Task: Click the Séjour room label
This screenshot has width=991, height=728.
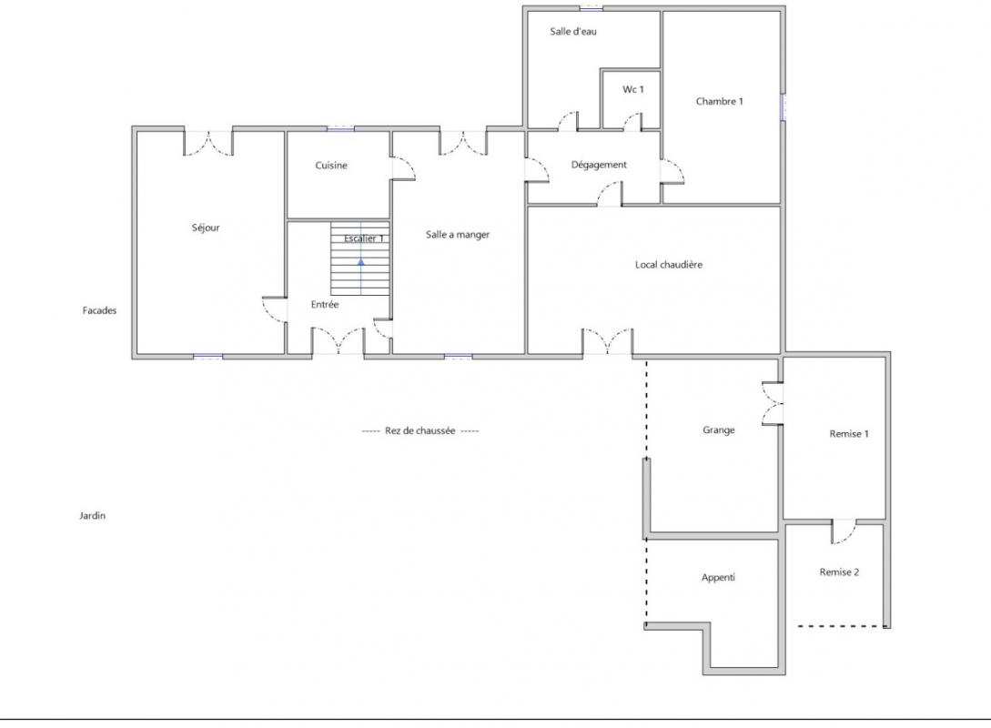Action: pyautogui.click(x=206, y=227)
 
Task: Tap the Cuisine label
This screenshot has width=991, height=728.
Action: pyautogui.click(x=331, y=165)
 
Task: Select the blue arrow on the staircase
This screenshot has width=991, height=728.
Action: pyautogui.click(x=361, y=261)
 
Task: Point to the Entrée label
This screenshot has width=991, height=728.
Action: pyautogui.click(x=325, y=304)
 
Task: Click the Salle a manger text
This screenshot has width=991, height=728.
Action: pyautogui.click(x=458, y=235)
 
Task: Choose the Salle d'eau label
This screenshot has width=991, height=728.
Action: pyautogui.click(x=573, y=31)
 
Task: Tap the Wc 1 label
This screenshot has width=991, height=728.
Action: pyautogui.click(x=633, y=89)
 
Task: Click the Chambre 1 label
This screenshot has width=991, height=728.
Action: pyautogui.click(x=719, y=101)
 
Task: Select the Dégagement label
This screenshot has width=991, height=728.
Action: pyautogui.click(x=599, y=165)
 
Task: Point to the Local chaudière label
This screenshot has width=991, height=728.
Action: pyautogui.click(x=669, y=264)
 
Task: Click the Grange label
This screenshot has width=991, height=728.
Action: pyautogui.click(x=719, y=430)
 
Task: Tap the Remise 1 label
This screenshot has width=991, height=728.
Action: pyautogui.click(x=849, y=433)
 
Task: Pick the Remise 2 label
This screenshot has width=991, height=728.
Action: pyautogui.click(x=839, y=571)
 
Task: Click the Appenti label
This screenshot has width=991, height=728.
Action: pyautogui.click(x=718, y=578)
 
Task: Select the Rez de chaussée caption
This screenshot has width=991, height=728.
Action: pyautogui.click(x=420, y=431)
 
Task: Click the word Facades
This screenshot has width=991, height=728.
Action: pyautogui.click(x=99, y=310)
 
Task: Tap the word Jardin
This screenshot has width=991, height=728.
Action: pyautogui.click(x=92, y=516)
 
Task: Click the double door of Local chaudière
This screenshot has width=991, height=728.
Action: pyautogui.click(x=607, y=341)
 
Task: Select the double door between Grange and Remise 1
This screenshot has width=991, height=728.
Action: pyautogui.click(x=772, y=403)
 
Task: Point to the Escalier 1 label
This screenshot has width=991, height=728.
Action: pyautogui.click(x=364, y=238)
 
